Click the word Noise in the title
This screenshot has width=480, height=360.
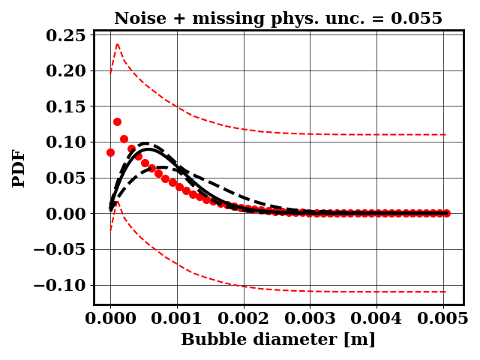pos(139,19)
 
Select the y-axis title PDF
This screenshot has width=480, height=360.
pos(19,168)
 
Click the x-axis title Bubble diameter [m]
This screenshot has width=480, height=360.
pos(278,340)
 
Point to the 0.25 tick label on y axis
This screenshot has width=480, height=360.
pos(64,35)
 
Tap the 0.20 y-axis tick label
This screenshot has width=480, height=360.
pos(64,70)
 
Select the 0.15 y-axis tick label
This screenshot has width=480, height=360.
pos(64,106)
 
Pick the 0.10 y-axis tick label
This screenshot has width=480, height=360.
pos(64,142)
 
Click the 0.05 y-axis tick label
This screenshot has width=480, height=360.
pos(64,178)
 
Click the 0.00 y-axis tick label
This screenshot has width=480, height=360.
pos(64,214)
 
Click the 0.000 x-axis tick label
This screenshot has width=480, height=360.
pos(110,318)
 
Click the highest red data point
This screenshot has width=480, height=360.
pos(117,121)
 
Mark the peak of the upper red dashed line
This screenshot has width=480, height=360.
pos(117,43)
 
